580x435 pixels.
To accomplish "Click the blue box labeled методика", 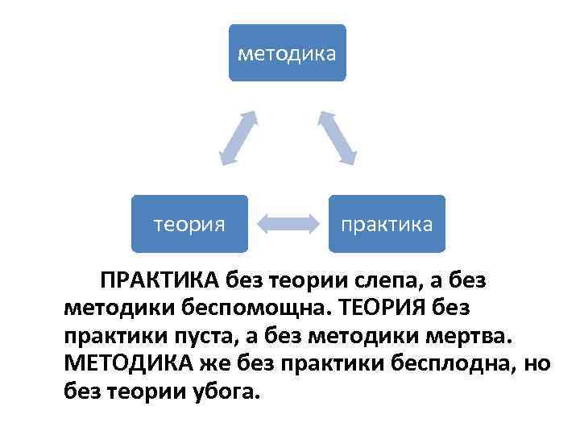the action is click(288, 53).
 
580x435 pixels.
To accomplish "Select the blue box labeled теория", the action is click(189, 224).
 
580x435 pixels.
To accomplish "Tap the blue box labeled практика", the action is click(387, 224).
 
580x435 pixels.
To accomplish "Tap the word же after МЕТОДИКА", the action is click(209, 363).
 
